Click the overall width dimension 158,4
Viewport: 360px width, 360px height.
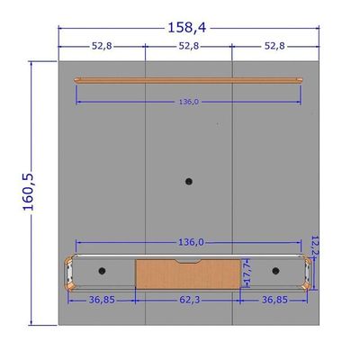[x=187, y=28]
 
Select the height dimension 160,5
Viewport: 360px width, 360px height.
[x=29, y=192]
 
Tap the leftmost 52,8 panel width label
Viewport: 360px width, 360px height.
[x=102, y=46]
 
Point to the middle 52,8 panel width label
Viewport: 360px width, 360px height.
[x=189, y=46]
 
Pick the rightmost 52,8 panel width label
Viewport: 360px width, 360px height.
[x=274, y=46]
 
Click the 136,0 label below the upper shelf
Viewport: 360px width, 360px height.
[x=189, y=102]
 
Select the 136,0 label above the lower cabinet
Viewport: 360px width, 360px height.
[x=191, y=242]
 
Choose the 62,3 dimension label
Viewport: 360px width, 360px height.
[x=189, y=300]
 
